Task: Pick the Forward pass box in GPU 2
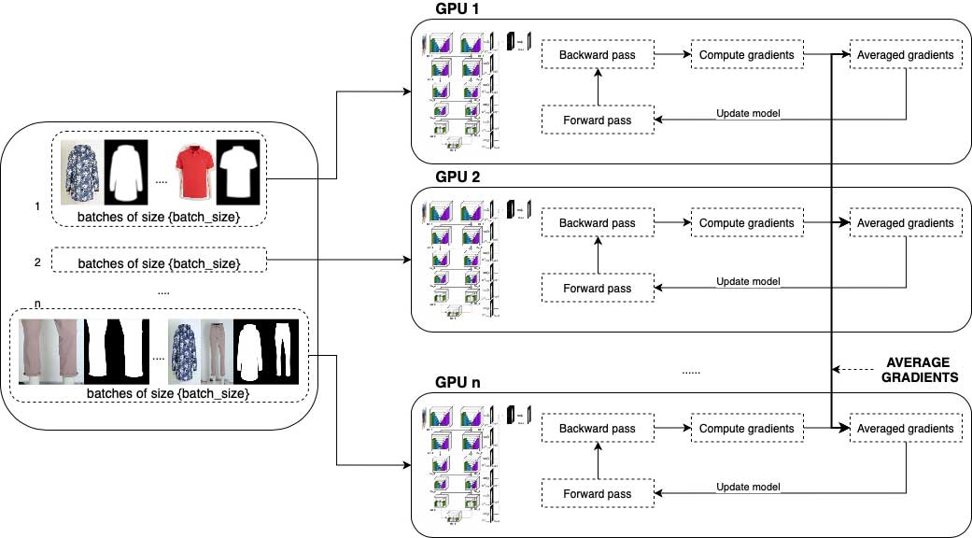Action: pyautogui.click(x=598, y=289)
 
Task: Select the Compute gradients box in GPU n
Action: pyautogui.click(x=746, y=429)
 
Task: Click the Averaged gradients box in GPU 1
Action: pyautogui.click(x=905, y=55)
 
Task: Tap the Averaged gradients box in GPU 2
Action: pyautogui.click(x=905, y=223)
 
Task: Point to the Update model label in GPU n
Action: pyautogui.click(x=748, y=487)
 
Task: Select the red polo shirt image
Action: pyautogui.click(x=191, y=172)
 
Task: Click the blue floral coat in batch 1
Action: pyautogui.click(x=81, y=172)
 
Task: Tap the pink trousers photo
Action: pyautogui.click(x=49, y=351)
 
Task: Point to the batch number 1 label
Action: pyautogui.click(x=36, y=205)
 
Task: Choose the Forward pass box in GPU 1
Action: pyautogui.click(x=598, y=120)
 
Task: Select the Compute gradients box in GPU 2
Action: pyautogui.click(x=746, y=223)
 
